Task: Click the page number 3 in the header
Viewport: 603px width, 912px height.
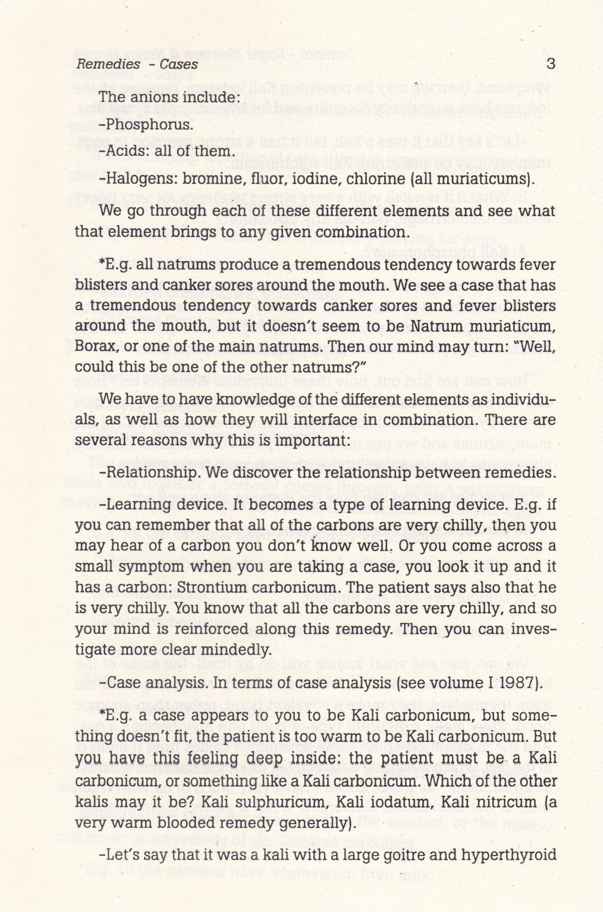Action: pos(551,64)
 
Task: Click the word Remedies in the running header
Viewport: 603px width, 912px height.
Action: pos(109,64)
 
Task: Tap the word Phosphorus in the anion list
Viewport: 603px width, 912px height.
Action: pos(150,124)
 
